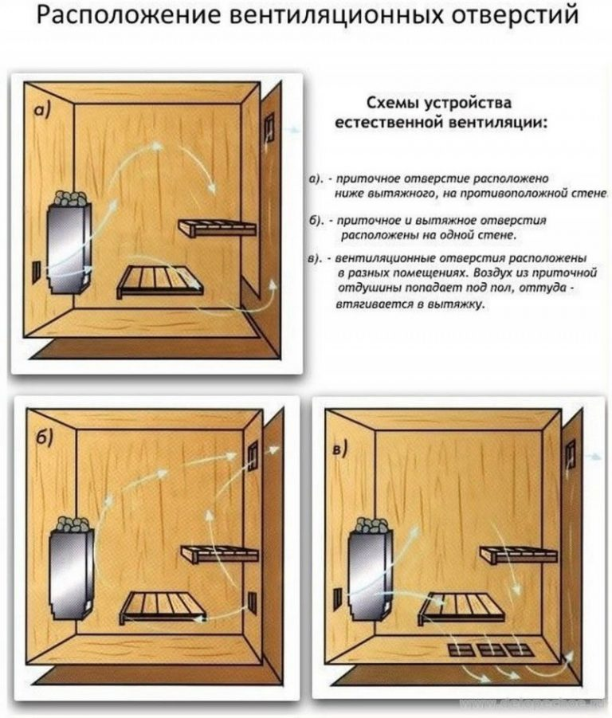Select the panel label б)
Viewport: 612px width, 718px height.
tap(45, 437)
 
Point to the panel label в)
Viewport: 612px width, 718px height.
tap(340, 449)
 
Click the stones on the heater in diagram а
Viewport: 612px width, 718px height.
tap(70, 198)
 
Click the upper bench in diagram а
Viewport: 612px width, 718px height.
tap(218, 228)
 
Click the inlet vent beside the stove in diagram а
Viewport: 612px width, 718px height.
tap(36, 271)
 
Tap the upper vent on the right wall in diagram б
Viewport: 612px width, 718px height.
tap(253, 455)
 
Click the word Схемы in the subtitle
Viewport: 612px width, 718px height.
tap(393, 103)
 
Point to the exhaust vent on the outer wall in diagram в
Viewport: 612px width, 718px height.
tap(571, 453)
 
